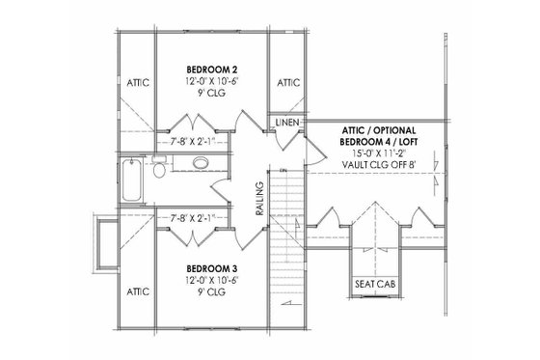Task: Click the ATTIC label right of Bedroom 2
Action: point(287,85)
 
